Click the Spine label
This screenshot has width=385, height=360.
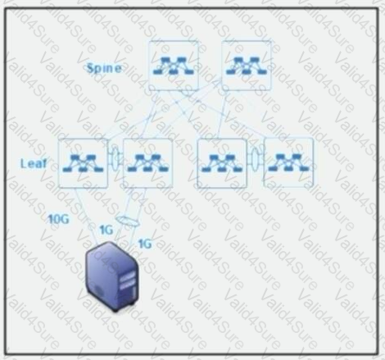point(104,68)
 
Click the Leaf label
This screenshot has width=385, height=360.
point(34,163)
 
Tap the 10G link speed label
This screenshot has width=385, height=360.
point(58,219)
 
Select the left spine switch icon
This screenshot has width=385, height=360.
point(174,66)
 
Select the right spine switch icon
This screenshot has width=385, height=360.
point(247,66)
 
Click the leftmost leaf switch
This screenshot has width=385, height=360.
point(83,163)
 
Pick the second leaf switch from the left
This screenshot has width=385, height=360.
point(147,163)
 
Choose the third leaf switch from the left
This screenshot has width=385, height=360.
point(222,163)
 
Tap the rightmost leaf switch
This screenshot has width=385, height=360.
point(288,163)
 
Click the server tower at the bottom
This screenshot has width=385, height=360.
point(112,276)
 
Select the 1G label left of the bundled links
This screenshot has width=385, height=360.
point(106,230)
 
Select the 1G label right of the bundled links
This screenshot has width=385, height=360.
point(145,244)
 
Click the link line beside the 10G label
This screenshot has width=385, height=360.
point(86,216)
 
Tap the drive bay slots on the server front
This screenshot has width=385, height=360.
point(129,282)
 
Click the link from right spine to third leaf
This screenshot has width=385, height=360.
point(223,115)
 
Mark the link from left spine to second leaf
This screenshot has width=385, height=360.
point(150,115)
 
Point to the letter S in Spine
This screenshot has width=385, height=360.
point(90,67)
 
